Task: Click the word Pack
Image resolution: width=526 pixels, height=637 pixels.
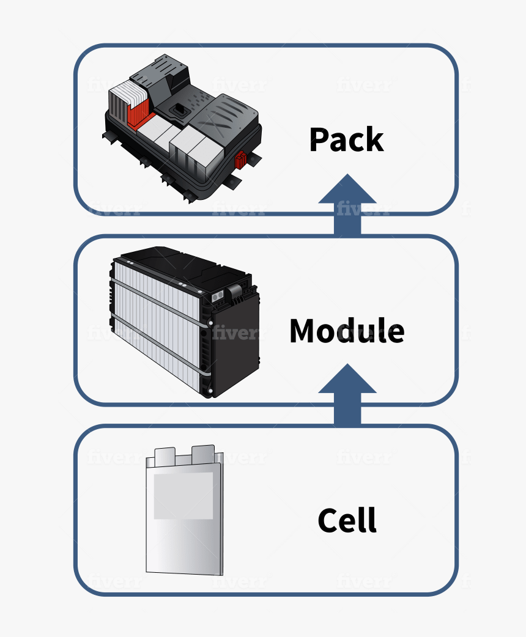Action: [x=346, y=140]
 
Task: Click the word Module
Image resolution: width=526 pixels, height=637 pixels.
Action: [x=346, y=331]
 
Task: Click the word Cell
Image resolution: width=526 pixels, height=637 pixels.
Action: [x=347, y=520]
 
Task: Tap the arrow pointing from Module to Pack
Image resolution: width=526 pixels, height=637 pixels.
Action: [x=347, y=205]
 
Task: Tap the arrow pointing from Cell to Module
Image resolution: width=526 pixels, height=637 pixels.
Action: [x=347, y=394]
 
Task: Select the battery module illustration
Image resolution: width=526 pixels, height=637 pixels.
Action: [x=183, y=321]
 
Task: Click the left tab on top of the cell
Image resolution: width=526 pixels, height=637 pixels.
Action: [x=165, y=455]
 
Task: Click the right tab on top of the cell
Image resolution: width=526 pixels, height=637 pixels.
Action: [x=202, y=453]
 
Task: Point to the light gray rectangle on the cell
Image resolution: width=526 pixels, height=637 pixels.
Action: [x=183, y=495]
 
